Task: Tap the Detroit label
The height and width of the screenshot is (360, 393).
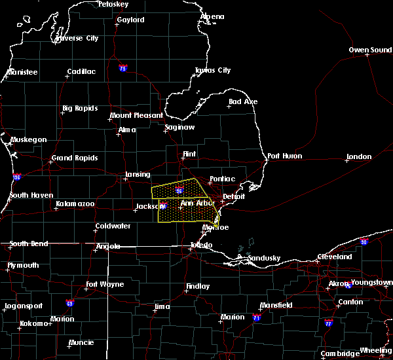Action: pyautogui.click(x=233, y=196)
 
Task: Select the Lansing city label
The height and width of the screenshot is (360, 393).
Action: pyautogui.click(x=138, y=175)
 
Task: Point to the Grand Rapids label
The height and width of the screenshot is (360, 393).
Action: pyautogui.click(x=75, y=158)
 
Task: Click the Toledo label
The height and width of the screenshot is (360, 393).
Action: pyautogui.click(x=201, y=245)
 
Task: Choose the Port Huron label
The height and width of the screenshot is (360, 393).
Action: pyautogui.click(x=283, y=156)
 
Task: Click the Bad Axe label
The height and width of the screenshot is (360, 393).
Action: pyautogui.click(x=243, y=102)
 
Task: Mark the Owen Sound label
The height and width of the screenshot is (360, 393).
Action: pyautogui.click(x=370, y=50)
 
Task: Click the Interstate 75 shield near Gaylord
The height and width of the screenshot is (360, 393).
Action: pyautogui.click(x=122, y=68)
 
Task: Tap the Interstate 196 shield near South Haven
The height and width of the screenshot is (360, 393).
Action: pyautogui.click(x=16, y=177)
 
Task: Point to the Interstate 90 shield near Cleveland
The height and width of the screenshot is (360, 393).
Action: pyautogui.click(x=364, y=242)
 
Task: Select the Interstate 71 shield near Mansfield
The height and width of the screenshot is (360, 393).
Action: pyautogui.click(x=257, y=318)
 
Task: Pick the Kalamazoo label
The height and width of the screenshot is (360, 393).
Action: pyautogui.click(x=75, y=204)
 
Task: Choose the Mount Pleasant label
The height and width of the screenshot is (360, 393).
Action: pyautogui.click(x=136, y=116)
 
